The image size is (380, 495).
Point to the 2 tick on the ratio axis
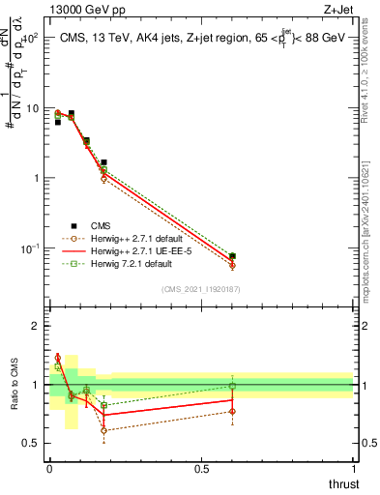(35, 326)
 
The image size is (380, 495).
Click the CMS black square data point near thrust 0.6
(232, 256)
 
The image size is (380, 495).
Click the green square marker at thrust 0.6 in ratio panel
(232, 386)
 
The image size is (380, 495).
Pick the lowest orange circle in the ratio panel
(103, 430)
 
